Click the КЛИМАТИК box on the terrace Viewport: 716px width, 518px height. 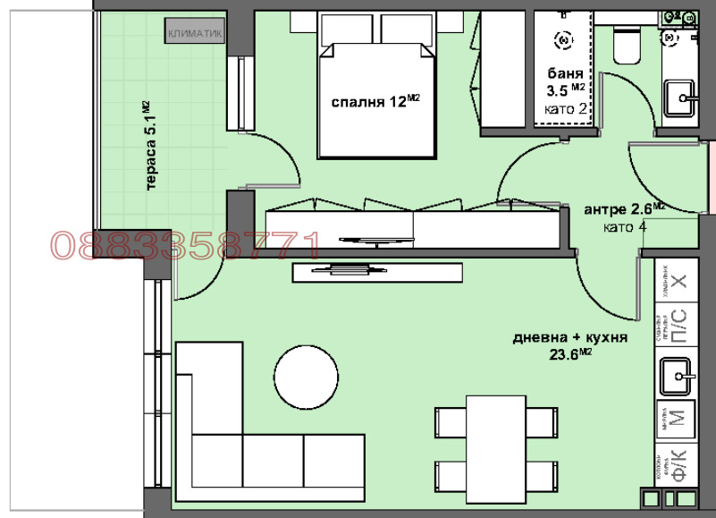(193, 33)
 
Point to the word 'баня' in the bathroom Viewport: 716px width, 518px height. (564, 74)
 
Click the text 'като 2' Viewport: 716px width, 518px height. (566, 109)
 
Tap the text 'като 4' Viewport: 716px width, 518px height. (625, 227)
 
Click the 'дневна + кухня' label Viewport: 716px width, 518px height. (570, 338)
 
